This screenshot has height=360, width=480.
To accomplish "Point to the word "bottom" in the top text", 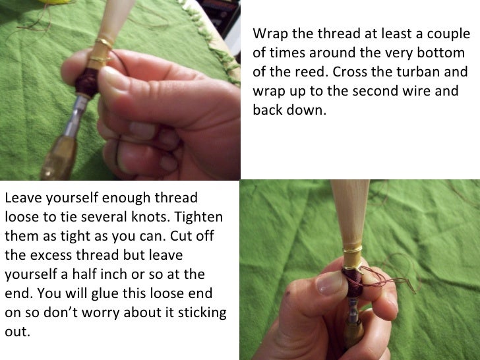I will click(x=443, y=53).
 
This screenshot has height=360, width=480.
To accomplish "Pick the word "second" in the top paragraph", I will click(x=373, y=92).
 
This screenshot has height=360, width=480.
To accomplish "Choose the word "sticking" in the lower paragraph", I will click(x=200, y=313).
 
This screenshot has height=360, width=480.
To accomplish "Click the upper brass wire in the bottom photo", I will click(x=353, y=251).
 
